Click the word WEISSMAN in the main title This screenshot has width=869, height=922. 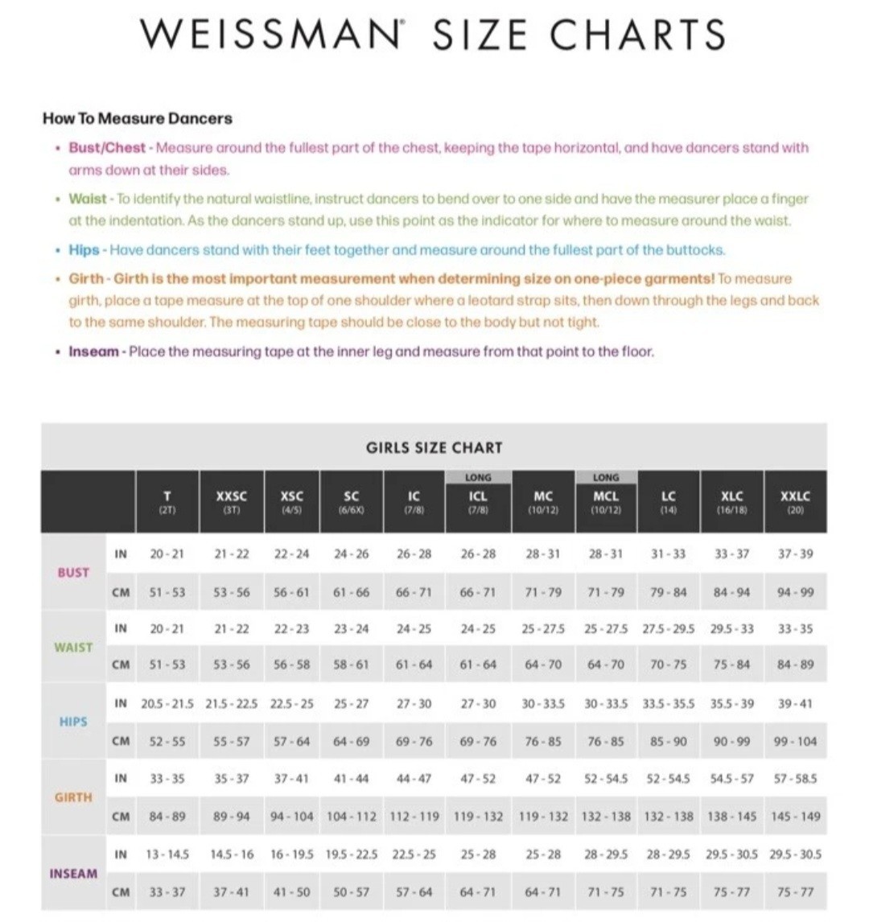click(270, 35)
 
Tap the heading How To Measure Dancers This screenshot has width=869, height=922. click(138, 118)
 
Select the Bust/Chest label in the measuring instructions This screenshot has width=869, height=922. click(107, 148)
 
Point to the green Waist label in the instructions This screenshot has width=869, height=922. click(88, 199)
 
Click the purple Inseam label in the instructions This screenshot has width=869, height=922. click(93, 352)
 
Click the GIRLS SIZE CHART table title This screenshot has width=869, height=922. click(434, 447)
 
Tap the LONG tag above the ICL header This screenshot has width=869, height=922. click(478, 477)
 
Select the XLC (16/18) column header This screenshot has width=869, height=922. click(731, 501)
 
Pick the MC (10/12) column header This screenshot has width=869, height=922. click(543, 501)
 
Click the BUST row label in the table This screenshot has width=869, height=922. click(73, 573)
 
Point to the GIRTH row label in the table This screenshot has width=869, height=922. click(73, 797)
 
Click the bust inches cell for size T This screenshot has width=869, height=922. click(167, 554)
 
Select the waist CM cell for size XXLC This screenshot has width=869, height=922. click(795, 665)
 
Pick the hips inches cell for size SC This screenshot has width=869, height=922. click(352, 703)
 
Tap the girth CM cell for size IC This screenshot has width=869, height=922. click(414, 816)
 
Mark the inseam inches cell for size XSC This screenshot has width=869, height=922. click(290, 854)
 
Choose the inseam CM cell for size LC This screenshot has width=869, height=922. click(669, 891)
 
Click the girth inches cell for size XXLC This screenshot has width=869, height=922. click(795, 779)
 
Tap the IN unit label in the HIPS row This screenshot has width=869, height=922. click(121, 703)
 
